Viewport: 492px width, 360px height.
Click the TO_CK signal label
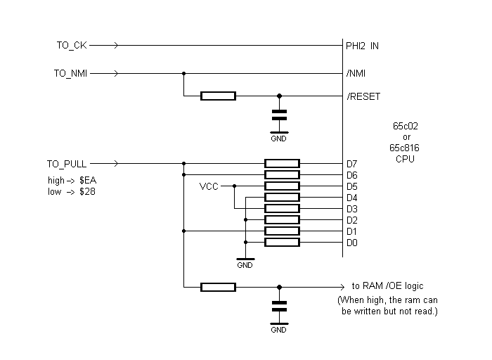pyautogui.click(x=71, y=46)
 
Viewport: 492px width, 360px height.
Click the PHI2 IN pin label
pyautogui.click(x=362, y=46)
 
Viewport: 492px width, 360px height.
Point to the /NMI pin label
pyautogui.click(x=356, y=73)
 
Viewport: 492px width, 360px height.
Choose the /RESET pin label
pyautogui.click(x=363, y=96)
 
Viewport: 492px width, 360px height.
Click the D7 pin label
pyautogui.click(x=352, y=164)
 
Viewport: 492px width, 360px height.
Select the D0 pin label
pyautogui.click(x=352, y=243)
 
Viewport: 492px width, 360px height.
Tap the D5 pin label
pyautogui.click(x=352, y=186)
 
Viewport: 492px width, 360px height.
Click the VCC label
pyautogui.click(x=209, y=186)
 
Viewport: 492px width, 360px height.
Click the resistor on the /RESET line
pyautogui.click(x=218, y=96)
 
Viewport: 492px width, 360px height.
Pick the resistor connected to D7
pyautogui.click(x=282, y=164)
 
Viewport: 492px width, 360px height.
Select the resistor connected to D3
pyautogui.click(x=282, y=209)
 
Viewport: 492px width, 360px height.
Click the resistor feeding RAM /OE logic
pyautogui.click(x=218, y=287)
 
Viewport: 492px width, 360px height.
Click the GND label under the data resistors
pyautogui.click(x=245, y=266)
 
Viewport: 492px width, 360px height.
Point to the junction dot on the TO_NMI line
pyautogui.click(x=183, y=73)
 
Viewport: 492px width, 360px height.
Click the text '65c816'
pyautogui.click(x=406, y=148)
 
